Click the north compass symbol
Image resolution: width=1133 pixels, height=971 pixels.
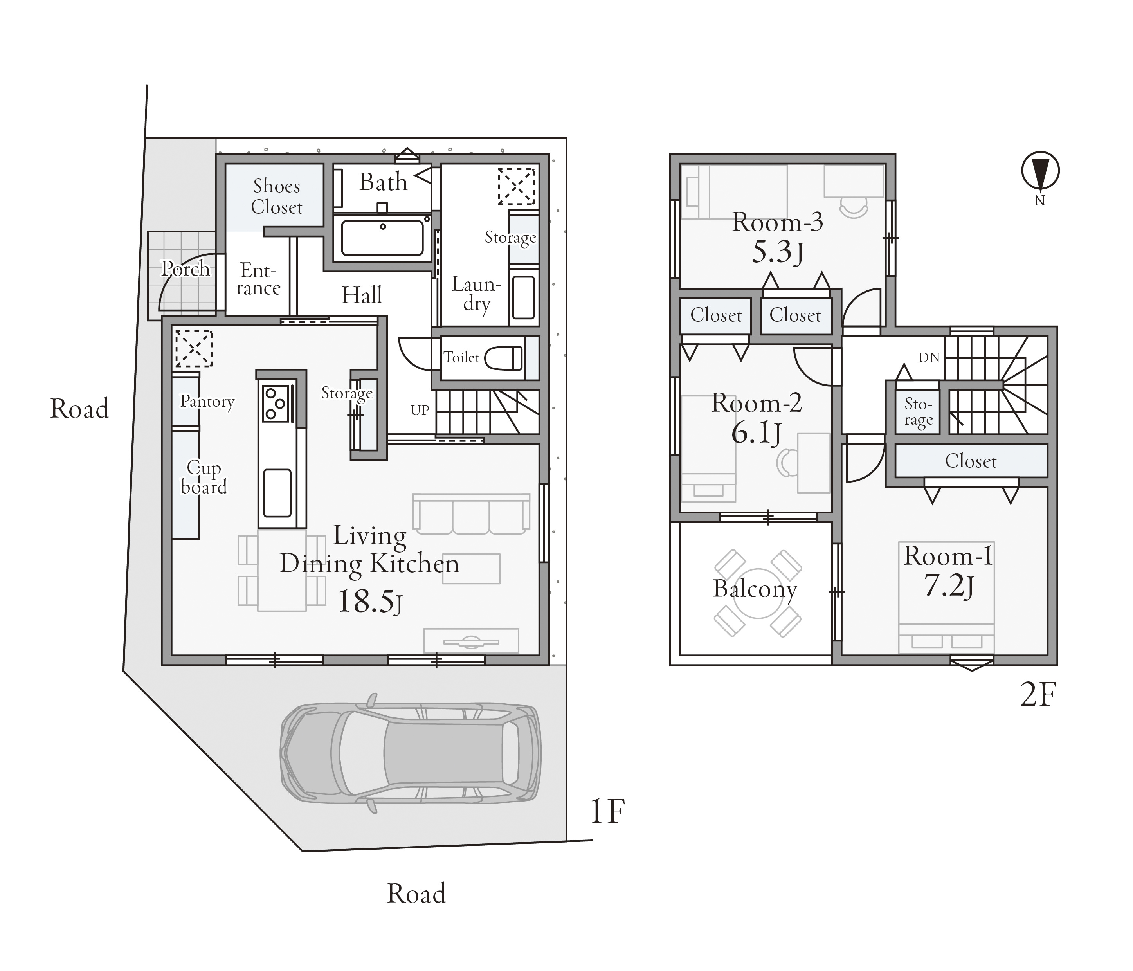click(x=1040, y=171)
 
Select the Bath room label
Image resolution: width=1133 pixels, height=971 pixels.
click(x=383, y=182)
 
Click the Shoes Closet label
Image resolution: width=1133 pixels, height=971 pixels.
click(x=277, y=197)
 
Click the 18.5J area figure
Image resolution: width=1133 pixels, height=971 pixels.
click(x=370, y=602)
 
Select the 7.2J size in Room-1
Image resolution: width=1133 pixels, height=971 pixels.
click(x=949, y=586)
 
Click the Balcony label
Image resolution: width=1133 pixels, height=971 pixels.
click(x=755, y=589)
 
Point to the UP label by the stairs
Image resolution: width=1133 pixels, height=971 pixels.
click(x=420, y=410)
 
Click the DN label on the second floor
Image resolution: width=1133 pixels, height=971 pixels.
click(x=929, y=358)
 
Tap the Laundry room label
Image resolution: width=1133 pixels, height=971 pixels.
click(x=476, y=294)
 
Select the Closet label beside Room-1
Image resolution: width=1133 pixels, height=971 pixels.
click(x=971, y=461)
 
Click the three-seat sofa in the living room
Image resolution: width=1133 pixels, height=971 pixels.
click(x=471, y=514)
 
